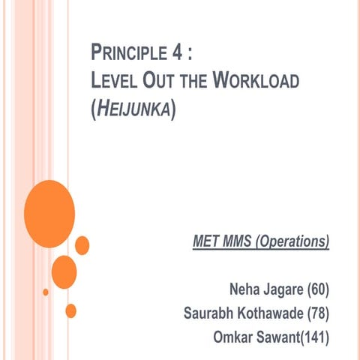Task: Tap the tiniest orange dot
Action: coord(46,292)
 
